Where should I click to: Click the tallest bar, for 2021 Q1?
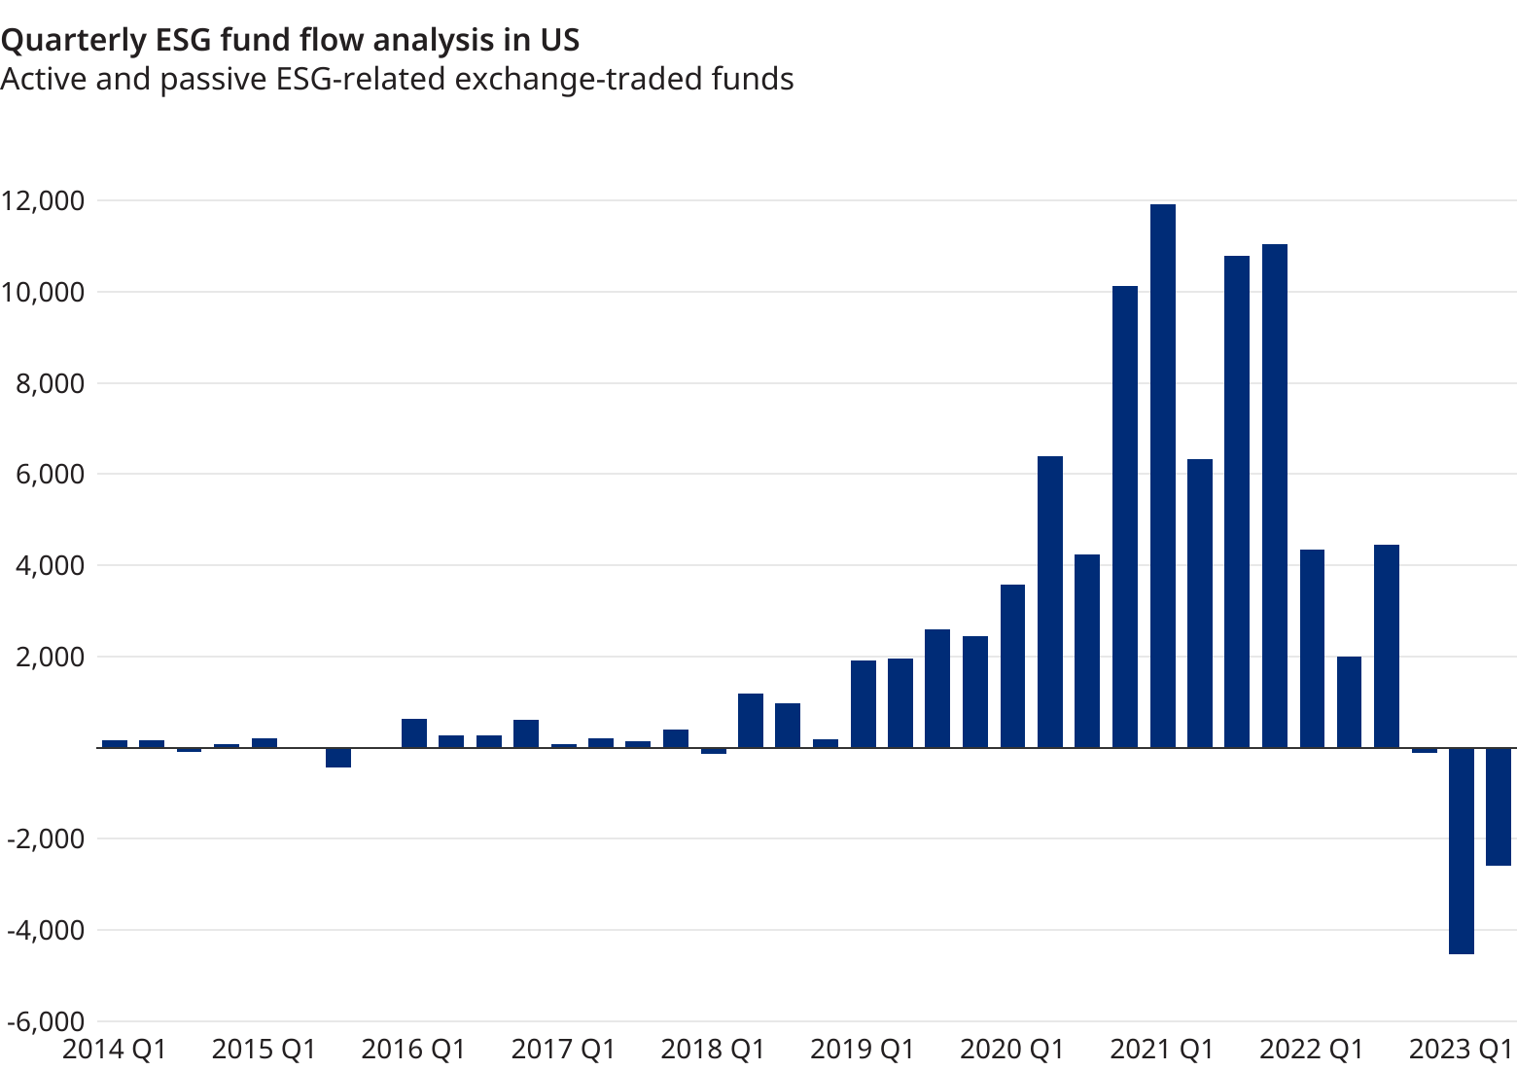1163,477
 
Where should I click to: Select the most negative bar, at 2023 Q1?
1462,851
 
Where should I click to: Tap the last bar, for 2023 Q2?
1499,806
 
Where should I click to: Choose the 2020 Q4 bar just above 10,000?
1125,517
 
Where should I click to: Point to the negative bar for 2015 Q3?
338,758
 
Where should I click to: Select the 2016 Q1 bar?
414,733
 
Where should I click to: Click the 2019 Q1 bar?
864,704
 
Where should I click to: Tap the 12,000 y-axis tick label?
43,201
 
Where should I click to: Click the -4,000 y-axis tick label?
43,930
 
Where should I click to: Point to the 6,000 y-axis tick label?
50,475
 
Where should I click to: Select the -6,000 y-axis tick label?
43,1021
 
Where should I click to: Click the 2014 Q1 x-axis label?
115,1050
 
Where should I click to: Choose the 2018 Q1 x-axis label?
713,1050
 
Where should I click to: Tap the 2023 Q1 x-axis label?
1462,1050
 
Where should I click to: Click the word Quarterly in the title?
72,40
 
